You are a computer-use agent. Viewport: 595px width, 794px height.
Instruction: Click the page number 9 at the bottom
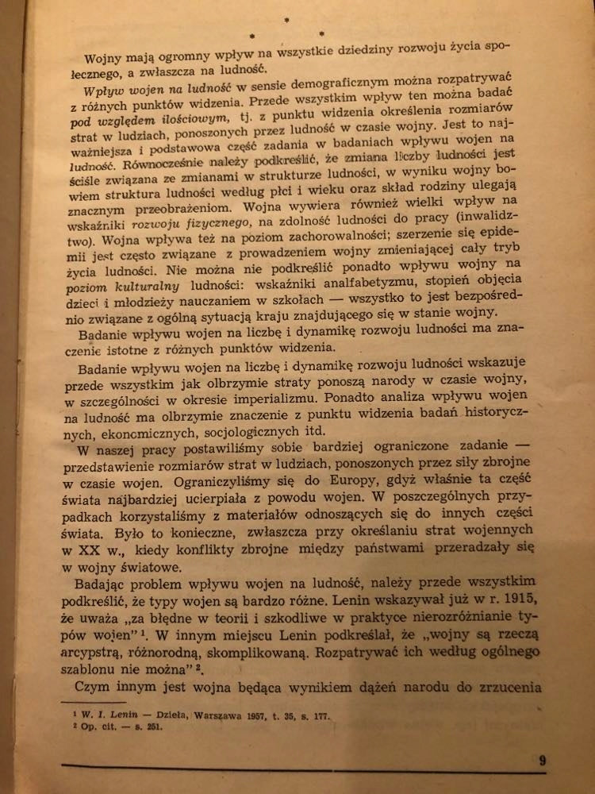[542, 760]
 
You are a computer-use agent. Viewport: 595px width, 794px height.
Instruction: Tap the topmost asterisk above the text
[286, 17]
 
